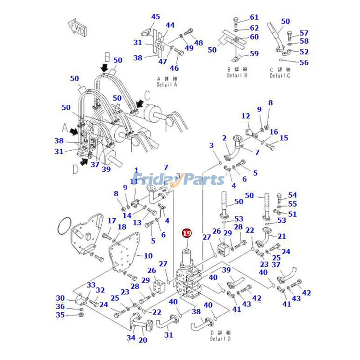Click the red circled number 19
[186, 233]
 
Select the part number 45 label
[155, 17]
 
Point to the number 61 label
[254, 18]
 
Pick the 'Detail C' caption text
[280, 72]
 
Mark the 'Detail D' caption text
[220, 336]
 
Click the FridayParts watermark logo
[180, 179]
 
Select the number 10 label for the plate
[148, 256]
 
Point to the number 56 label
[304, 63]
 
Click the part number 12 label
[245, 116]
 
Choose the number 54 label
[292, 195]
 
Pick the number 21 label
[282, 236]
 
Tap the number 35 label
[60, 315]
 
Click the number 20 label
[143, 340]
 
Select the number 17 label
[112, 221]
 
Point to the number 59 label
[254, 54]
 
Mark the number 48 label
[198, 43]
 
